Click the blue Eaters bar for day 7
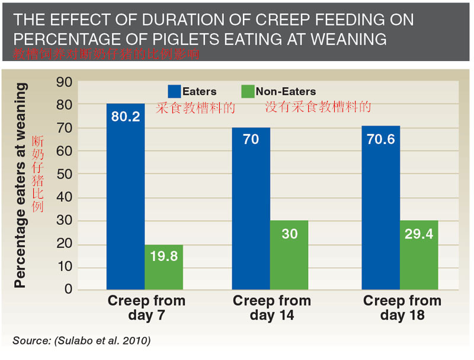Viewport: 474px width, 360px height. pos(126,196)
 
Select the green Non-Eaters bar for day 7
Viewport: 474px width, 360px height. pos(164,267)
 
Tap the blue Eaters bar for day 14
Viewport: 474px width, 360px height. pos(251,208)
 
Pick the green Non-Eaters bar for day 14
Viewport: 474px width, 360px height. pos(289,255)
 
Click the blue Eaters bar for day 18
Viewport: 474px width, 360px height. pos(381,208)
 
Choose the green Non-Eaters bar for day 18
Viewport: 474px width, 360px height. pos(419,255)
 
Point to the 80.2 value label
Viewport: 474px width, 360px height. pos(126,117)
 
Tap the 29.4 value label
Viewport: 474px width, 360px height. pos(419,234)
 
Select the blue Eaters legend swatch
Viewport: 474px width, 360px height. pos(174,91)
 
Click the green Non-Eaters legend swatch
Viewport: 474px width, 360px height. pos(248,91)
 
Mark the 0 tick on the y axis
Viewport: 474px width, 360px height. pos(68,289)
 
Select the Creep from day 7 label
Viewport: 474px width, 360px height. pos(146,308)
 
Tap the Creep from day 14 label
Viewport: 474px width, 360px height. pos(271,308)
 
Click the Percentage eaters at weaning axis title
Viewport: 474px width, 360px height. pos(21,185)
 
